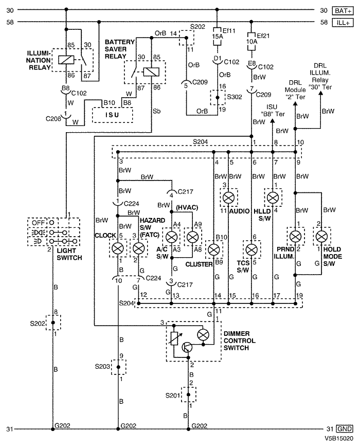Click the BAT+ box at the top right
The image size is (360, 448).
343,11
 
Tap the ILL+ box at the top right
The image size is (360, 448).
343,22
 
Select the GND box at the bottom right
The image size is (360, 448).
344,429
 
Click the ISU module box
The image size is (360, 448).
112,115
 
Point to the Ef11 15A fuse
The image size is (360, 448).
217,37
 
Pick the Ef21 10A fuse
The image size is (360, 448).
251,42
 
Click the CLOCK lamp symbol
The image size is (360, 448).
118,248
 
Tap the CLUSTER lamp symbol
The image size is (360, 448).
214,249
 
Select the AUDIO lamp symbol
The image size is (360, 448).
228,198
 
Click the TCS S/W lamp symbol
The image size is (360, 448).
251,249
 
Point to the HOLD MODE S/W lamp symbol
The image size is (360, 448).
322,236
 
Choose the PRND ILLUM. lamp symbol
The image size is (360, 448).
295,236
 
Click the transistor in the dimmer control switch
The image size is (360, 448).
187,347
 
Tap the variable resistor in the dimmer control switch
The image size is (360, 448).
174,338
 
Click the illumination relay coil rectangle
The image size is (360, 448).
66,60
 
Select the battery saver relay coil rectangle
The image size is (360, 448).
151,71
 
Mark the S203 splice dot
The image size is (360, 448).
118,367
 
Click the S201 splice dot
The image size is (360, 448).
188,395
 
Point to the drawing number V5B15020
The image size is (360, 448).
339,438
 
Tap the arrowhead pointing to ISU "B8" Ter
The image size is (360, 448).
273,121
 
